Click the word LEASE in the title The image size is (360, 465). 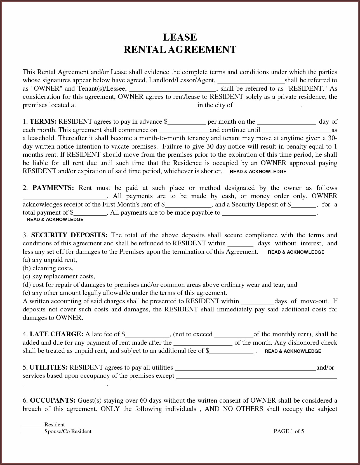[x=180, y=37]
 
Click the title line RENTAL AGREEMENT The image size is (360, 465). [x=180, y=50]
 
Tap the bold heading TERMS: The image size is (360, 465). [x=43, y=122]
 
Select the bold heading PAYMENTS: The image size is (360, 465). [x=53, y=188]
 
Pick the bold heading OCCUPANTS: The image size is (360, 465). [x=53, y=401]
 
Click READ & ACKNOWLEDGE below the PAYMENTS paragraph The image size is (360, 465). [x=55, y=220]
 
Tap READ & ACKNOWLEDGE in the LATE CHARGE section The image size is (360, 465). [x=293, y=351]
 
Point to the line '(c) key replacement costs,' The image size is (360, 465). [x=59, y=276]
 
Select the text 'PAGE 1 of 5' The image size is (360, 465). [x=289, y=431]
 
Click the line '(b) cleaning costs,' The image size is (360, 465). [x=48, y=268]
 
